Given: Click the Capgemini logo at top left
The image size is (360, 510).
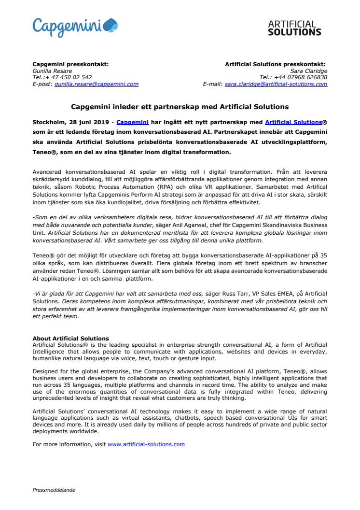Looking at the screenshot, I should tap(75, 27).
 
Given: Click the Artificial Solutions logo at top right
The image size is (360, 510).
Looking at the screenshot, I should tap(294, 28).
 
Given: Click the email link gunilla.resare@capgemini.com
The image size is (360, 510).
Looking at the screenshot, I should tap(97, 84).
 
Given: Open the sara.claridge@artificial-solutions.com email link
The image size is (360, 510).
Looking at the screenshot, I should tap(277, 84).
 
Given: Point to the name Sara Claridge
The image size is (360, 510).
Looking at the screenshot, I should tap(309, 71).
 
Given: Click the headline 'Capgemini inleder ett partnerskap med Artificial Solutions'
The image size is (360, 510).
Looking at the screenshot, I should tap(180, 106).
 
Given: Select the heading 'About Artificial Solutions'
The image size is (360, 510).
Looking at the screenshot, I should tap(70, 338).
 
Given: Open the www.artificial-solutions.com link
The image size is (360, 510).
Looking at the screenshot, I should tap(146, 444).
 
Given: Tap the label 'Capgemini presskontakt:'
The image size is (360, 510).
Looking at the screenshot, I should tap(70, 64).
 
